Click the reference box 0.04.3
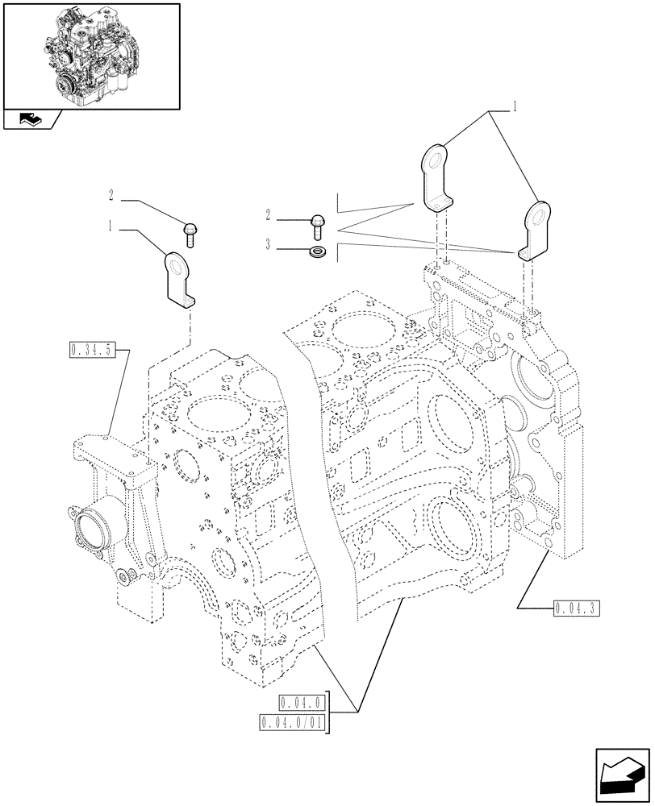[x=576, y=608]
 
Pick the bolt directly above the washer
[x=317, y=226]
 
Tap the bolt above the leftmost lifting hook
[x=192, y=233]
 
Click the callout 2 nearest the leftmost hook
[x=110, y=194]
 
